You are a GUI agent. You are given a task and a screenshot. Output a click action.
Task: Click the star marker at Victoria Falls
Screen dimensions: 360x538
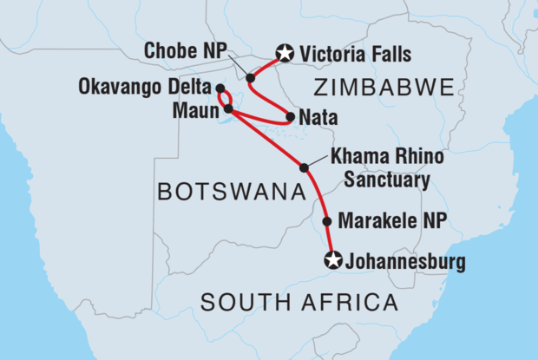(x=283, y=54)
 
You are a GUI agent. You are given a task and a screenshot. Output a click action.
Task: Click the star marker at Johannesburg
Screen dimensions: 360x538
(x=332, y=259)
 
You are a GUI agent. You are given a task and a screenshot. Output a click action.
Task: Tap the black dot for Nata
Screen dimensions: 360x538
(x=290, y=115)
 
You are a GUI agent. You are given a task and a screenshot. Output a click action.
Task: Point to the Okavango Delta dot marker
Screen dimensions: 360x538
(x=220, y=88)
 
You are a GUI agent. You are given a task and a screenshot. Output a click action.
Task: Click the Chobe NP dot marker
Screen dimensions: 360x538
(x=251, y=78)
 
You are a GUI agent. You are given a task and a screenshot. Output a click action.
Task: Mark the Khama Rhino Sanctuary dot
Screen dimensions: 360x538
(x=304, y=167)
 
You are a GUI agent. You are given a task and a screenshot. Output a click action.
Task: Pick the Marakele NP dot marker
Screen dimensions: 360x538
(x=327, y=222)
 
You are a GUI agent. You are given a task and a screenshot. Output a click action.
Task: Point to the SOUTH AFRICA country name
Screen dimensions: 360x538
(x=299, y=303)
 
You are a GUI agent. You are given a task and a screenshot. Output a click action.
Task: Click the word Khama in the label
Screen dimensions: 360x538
(x=352, y=160)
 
